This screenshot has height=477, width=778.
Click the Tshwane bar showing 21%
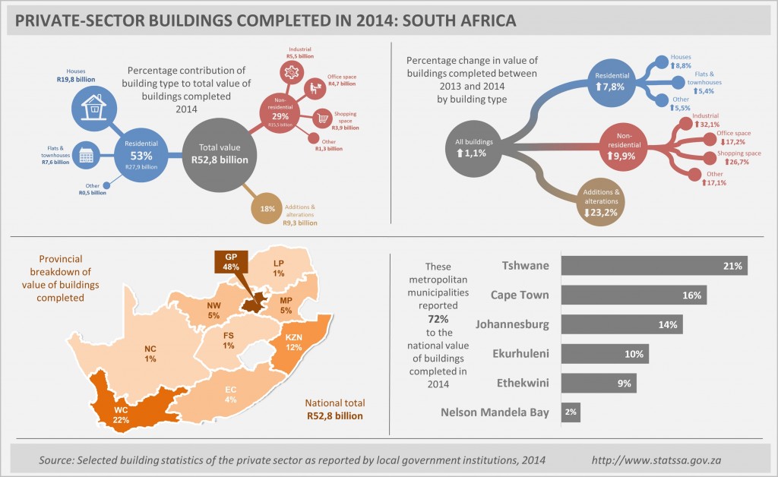tap(654, 265)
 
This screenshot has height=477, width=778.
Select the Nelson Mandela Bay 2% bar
tap(571, 412)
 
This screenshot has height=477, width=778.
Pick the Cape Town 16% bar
tap(634, 295)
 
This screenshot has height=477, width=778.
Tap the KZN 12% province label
tap(293, 342)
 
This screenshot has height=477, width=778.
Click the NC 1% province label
tap(151, 353)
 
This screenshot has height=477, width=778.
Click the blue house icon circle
tap(94, 107)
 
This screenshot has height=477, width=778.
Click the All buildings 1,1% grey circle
tap(474, 147)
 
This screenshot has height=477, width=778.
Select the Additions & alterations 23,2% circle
tap(599, 202)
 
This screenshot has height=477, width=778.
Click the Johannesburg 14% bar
tap(621, 324)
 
